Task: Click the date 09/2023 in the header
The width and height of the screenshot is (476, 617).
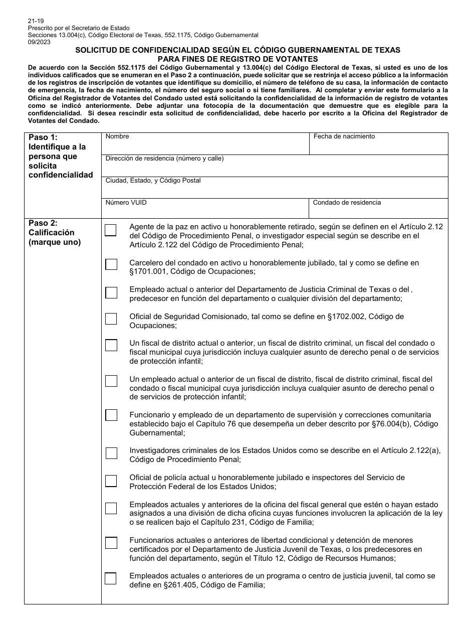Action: (39, 42)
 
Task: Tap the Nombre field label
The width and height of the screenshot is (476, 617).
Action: (117, 136)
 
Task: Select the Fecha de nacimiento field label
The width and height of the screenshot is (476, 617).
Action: (344, 136)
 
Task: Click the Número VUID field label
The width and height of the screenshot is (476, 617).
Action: (126, 203)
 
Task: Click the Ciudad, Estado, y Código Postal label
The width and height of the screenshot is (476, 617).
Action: (153, 181)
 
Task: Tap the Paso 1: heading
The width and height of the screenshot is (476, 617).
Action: (43, 137)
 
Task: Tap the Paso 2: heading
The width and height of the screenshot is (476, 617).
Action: (43, 223)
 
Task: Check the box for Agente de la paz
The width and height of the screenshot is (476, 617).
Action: (111, 230)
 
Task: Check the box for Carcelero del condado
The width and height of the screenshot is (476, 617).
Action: (111, 264)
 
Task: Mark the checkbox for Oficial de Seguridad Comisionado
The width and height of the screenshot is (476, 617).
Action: (111, 319)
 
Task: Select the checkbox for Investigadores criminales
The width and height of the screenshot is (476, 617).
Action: (111, 453)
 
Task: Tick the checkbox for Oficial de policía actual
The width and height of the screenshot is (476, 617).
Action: (111, 481)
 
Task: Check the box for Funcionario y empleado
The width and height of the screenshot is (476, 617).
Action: (111, 415)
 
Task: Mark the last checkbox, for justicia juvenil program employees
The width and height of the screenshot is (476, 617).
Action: (111, 578)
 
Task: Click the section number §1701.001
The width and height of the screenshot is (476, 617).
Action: (148, 272)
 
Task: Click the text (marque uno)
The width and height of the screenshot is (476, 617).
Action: (55, 242)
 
